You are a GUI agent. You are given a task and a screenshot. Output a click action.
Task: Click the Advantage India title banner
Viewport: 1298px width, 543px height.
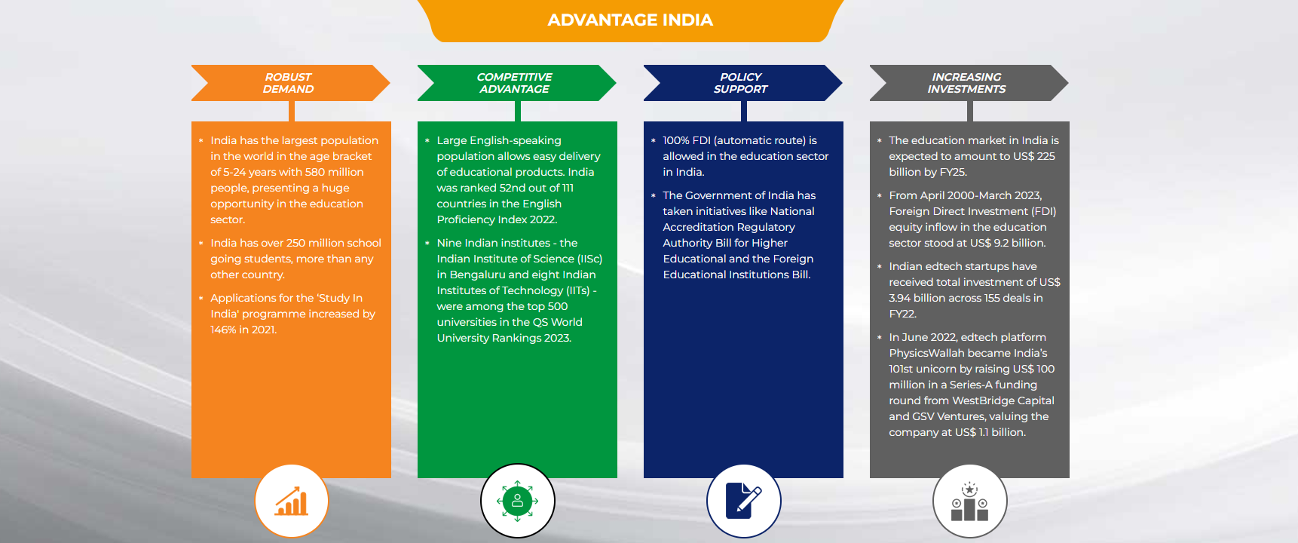pyautogui.click(x=630, y=20)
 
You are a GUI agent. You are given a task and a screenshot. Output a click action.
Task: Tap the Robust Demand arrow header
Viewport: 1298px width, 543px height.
pyautogui.click(x=289, y=83)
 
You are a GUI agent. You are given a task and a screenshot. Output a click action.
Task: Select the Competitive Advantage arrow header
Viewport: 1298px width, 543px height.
pyautogui.click(x=515, y=83)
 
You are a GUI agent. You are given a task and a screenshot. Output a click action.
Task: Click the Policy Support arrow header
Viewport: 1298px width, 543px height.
pyautogui.click(x=741, y=83)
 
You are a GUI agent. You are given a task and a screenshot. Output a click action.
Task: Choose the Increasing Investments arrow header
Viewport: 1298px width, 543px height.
pyautogui.click(x=967, y=83)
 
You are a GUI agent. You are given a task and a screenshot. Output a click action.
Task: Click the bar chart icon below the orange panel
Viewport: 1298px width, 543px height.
pyautogui.click(x=292, y=501)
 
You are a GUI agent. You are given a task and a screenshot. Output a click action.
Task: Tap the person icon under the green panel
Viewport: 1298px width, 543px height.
pyautogui.click(x=518, y=501)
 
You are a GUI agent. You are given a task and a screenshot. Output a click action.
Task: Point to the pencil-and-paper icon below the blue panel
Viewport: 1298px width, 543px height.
pyautogui.click(x=744, y=501)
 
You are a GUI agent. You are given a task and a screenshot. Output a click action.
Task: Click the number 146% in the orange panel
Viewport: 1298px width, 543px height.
pyautogui.click(x=223, y=330)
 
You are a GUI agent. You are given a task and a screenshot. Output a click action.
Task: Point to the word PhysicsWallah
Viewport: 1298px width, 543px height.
pyautogui.click(x=926, y=353)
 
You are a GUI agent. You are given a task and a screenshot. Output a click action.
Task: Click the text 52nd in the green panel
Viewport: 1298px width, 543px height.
pyautogui.click(x=513, y=188)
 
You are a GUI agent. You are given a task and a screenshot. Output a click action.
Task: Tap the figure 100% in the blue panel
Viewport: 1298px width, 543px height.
pyautogui.click(x=676, y=140)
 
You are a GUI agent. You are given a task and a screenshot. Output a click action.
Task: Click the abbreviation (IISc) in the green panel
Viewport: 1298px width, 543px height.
pyautogui.click(x=589, y=259)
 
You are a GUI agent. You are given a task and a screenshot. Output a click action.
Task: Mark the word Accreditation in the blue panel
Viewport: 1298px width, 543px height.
pyautogui.click(x=699, y=227)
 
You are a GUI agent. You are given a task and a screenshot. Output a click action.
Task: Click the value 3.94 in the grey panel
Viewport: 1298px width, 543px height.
pyautogui.click(x=900, y=298)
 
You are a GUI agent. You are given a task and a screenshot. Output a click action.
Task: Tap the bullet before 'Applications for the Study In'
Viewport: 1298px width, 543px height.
pyautogui.click(x=201, y=298)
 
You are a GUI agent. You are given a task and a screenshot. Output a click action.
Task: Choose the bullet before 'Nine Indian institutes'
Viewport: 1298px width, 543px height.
pyautogui.click(x=427, y=243)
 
